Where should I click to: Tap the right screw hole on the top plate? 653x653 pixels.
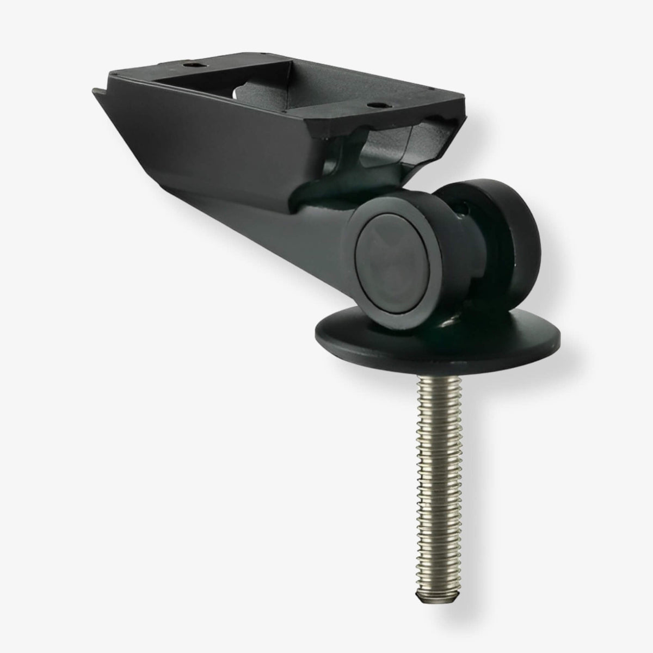(x=373, y=104)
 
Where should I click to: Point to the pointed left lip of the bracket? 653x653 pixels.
(x=95, y=91)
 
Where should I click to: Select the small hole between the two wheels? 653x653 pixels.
(x=463, y=207)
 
